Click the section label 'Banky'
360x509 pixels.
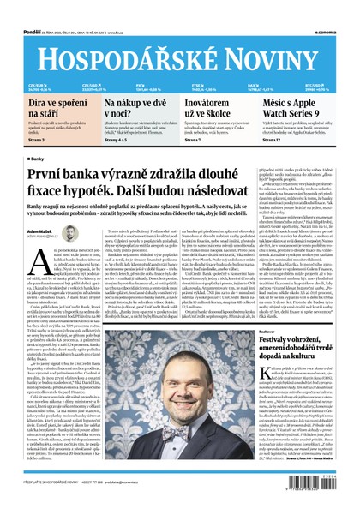tap(38, 159)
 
